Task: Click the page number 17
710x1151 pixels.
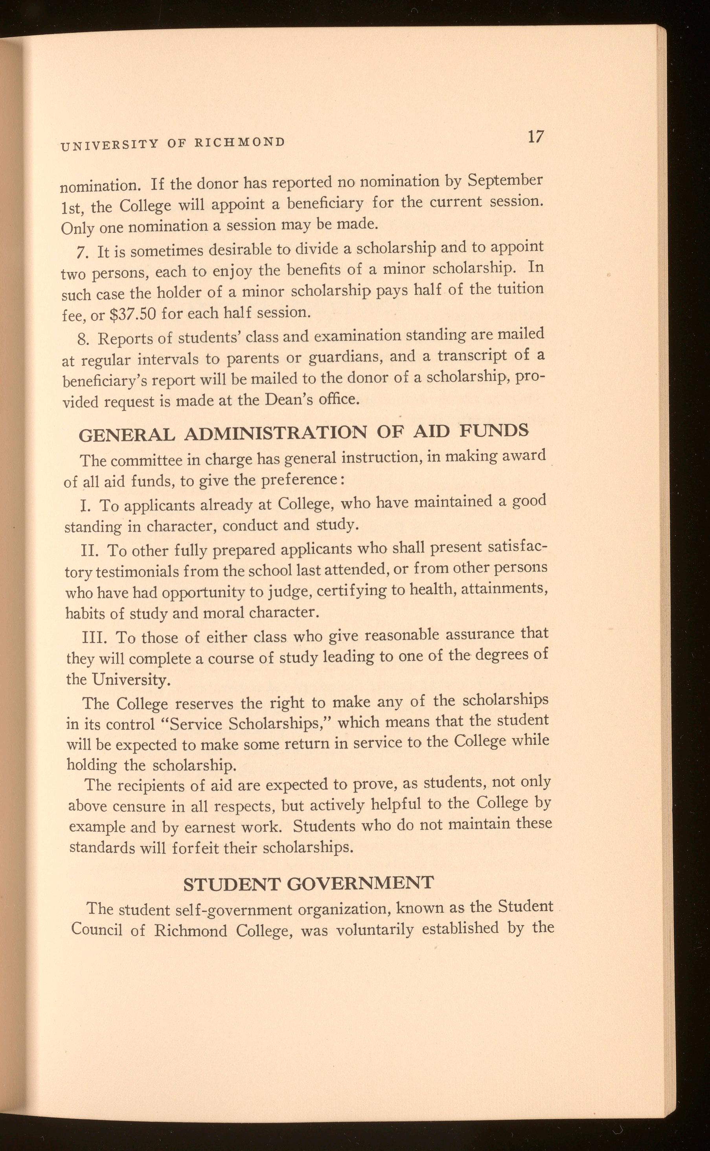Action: [x=535, y=137]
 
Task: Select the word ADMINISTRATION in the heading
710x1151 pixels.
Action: [x=275, y=433]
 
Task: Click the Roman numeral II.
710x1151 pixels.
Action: [x=89, y=550]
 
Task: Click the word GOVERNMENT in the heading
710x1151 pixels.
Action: [x=360, y=883]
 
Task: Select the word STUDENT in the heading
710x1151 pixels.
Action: [x=231, y=884]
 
